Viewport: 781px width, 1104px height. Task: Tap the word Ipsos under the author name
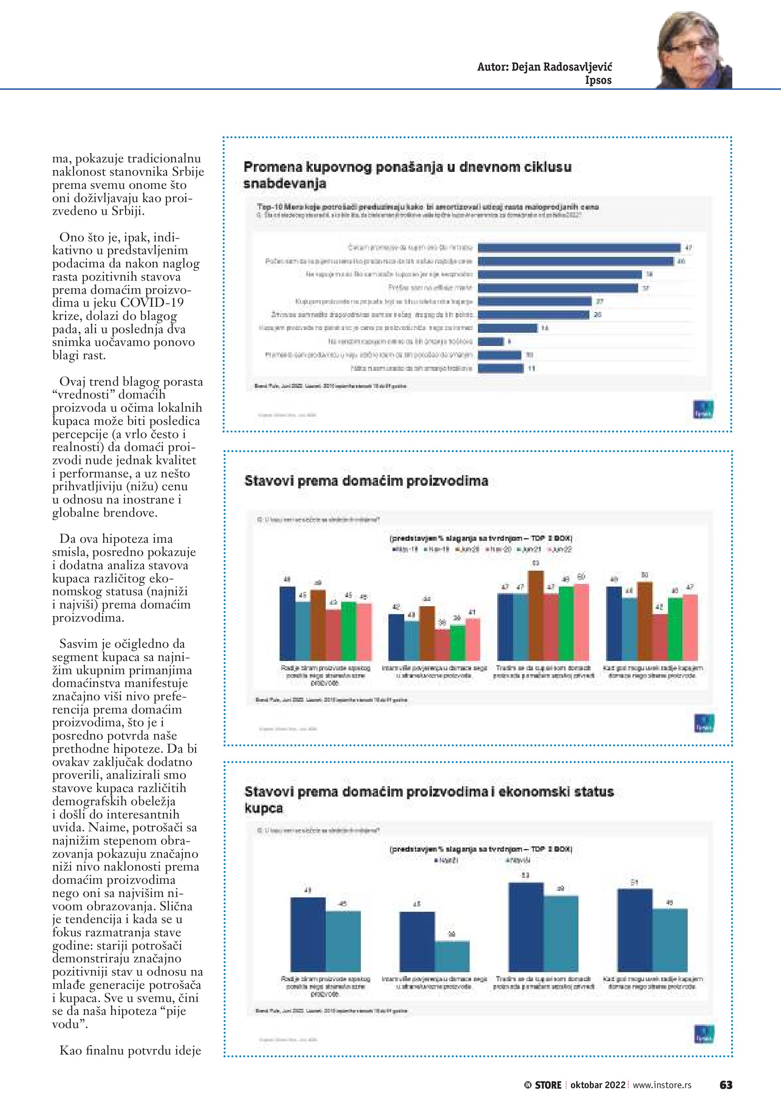598,80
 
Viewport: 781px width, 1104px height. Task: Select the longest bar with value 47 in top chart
579,248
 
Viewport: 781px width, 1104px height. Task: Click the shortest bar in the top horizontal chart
490,341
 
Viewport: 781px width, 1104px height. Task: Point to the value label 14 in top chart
545,328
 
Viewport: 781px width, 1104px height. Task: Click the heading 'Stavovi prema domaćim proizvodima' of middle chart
366,481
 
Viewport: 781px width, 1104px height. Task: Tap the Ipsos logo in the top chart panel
703,410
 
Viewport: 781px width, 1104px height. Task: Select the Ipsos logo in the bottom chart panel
704,1034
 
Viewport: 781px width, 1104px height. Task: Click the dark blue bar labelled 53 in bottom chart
526,926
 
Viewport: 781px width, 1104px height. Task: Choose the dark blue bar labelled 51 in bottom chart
634,930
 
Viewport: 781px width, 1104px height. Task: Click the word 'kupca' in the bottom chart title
263,808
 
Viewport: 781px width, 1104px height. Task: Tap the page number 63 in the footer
726,1085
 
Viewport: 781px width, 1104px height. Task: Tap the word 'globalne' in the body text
76,513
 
